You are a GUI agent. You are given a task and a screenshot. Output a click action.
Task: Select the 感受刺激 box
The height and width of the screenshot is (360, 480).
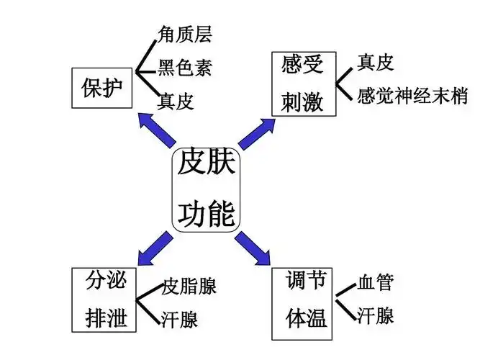pos(303,83)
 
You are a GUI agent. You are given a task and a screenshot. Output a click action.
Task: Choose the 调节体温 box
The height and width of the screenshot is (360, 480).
pos(304,302)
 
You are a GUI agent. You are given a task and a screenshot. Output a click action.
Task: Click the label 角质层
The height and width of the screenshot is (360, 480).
pos(185,33)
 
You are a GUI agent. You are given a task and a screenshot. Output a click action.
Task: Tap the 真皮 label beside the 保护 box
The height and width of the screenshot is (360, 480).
pos(176,101)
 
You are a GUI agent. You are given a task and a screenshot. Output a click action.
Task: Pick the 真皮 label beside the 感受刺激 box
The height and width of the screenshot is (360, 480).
pos(375,63)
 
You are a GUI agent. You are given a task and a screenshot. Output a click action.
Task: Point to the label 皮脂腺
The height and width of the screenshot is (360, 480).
pos(189,286)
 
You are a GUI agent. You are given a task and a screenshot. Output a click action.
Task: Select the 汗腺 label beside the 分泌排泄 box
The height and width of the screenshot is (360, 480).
pos(180,318)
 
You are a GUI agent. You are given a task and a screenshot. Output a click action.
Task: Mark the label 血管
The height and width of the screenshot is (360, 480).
pos(375,282)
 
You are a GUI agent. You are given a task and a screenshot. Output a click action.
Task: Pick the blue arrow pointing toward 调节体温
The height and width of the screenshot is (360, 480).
pos(253,246)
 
